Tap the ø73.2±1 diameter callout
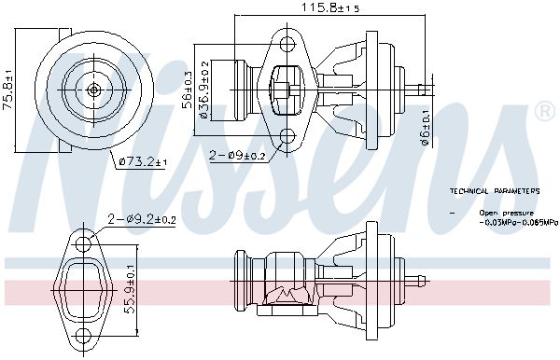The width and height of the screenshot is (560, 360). click(x=143, y=162)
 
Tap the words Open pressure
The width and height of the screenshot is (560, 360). click(x=500, y=214)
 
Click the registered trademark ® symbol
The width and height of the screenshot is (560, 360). click(x=545, y=113)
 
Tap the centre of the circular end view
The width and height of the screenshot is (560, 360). click(x=94, y=90)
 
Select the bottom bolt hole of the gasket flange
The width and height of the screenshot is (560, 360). click(x=87, y=333)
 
